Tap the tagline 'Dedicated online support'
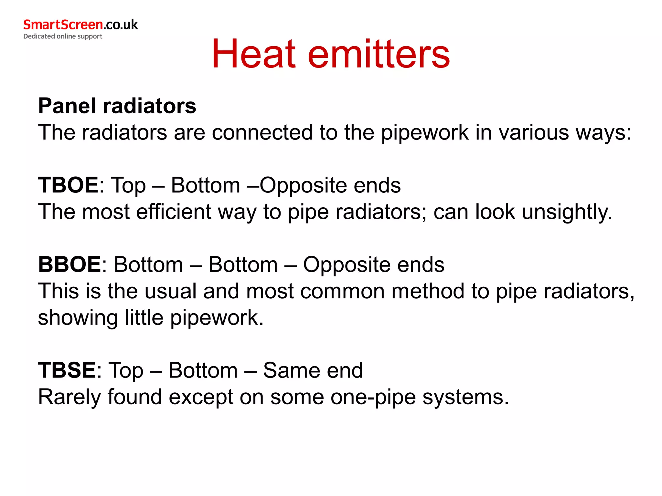63,36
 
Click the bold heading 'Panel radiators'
117,106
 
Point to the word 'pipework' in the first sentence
425,133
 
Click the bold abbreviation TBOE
68,185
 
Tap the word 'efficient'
174,212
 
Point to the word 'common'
342,291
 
